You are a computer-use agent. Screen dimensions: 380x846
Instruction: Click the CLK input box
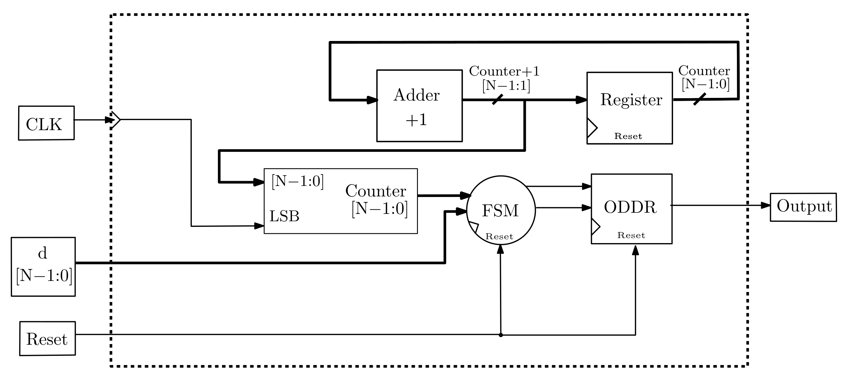(x=46, y=123)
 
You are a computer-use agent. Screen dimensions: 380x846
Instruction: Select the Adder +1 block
(x=419, y=106)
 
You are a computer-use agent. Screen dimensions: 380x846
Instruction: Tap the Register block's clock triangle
(x=592, y=128)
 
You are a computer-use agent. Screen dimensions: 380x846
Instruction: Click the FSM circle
(x=501, y=210)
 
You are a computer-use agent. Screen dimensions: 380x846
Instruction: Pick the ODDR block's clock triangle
(x=595, y=227)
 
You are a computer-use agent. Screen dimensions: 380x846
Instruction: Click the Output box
(x=803, y=207)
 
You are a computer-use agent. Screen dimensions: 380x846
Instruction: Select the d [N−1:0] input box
(x=43, y=267)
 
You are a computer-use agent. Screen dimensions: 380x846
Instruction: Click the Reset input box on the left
(x=47, y=338)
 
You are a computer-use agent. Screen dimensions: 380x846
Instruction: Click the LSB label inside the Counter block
(x=284, y=216)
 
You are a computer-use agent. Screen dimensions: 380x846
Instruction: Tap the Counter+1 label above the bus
(x=504, y=71)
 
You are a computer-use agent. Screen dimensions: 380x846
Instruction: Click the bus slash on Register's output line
(x=699, y=99)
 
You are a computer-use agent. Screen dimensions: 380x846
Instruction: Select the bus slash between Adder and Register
(x=497, y=99)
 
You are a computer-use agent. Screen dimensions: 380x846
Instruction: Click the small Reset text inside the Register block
(x=628, y=136)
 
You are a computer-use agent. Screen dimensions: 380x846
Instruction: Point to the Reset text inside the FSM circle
(x=499, y=236)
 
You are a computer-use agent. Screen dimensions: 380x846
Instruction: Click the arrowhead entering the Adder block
(x=372, y=100)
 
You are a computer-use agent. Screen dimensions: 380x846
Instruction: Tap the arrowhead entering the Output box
(x=766, y=206)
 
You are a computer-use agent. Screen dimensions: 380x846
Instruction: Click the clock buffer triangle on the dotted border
(x=115, y=120)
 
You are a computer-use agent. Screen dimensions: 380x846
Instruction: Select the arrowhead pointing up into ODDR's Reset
(x=635, y=250)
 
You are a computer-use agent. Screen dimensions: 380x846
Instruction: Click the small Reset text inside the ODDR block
(x=631, y=235)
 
